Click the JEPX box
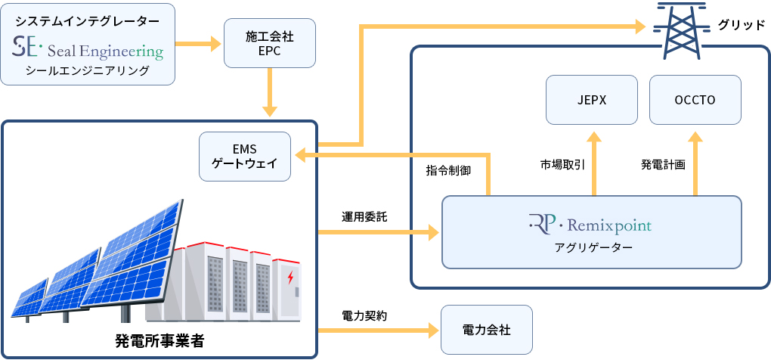[593, 99]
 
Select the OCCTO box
[695, 99]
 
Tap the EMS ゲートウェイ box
[245, 157]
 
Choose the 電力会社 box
[486, 331]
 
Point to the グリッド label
[741, 25]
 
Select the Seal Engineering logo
[88, 50]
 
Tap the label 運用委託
[364, 216]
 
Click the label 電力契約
[364, 315]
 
